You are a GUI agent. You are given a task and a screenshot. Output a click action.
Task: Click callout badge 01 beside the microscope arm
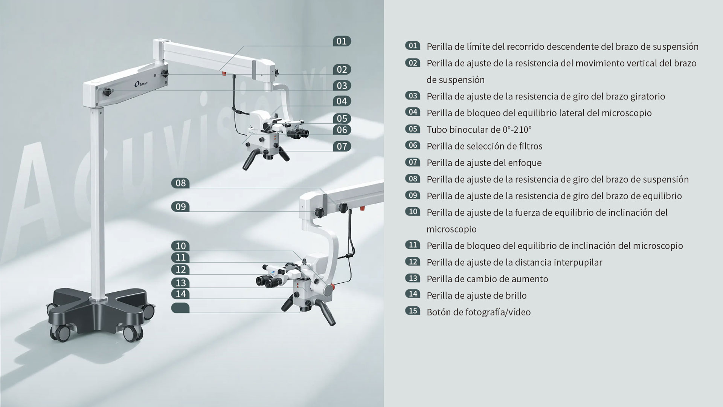[342, 41]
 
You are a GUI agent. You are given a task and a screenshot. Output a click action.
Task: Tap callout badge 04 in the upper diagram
[342, 101]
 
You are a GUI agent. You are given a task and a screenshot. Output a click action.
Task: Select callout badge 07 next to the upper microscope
[342, 146]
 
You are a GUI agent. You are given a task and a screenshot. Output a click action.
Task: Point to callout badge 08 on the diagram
[180, 183]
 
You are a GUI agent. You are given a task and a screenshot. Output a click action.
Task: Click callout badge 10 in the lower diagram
[180, 246]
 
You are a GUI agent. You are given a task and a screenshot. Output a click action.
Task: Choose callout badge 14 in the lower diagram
[180, 294]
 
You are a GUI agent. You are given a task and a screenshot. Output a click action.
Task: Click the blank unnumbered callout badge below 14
[180, 308]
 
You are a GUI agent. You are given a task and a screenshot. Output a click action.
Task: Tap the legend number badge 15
[413, 311]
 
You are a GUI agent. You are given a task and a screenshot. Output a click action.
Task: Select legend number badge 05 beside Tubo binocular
[413, 129]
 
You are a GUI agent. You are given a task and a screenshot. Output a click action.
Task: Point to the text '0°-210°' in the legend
[517, 129]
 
